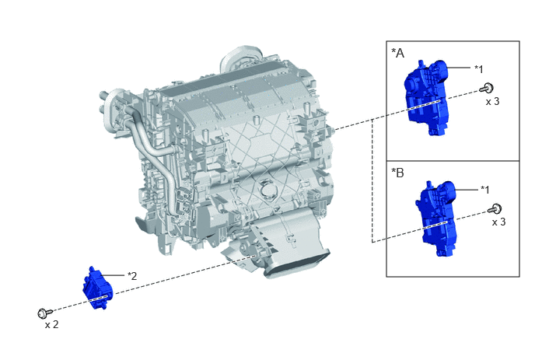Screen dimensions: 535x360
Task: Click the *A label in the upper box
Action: pos(397,53)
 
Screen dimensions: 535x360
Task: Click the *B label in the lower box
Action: pos(397,173)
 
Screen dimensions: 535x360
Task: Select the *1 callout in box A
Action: pos(479,69)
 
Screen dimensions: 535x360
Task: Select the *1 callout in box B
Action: pos(485,190)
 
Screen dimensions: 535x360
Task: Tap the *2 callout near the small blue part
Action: pos(132,276)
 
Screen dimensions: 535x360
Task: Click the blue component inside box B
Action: pos(436,218)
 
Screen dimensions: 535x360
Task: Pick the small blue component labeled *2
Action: pos(97,288)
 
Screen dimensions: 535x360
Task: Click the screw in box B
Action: pos(495,208)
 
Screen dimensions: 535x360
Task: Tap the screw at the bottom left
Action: pos(44,313)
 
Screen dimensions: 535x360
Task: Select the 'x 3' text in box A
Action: pos(492,101)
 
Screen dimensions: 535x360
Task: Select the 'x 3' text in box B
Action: pos(498,222)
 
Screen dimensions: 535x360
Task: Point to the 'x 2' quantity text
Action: pos(51,324)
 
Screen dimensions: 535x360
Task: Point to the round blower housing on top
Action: pos(241,58)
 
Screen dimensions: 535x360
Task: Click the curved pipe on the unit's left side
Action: pos(153,150)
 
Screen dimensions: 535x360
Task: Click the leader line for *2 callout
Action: pos(113,275)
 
